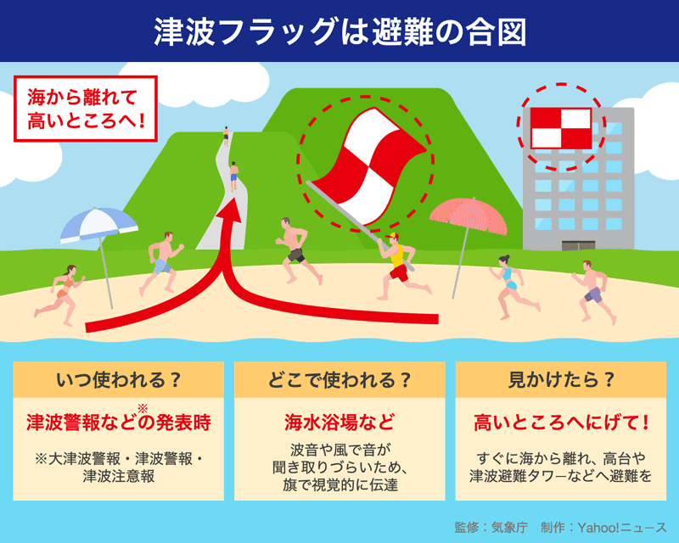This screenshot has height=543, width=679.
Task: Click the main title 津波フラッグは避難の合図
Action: (x=339, y=31)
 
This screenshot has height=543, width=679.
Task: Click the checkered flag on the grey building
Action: (x=559, y=127)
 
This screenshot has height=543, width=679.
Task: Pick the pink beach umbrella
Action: (x=468, y=217)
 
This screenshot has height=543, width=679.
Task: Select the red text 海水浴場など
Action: (x=339, y=422)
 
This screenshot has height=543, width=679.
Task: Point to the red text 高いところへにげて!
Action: (x=560, y=422)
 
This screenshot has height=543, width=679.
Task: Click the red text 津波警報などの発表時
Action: (x=119, y=422)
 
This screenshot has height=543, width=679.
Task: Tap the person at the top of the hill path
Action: (x=226, y=134)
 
